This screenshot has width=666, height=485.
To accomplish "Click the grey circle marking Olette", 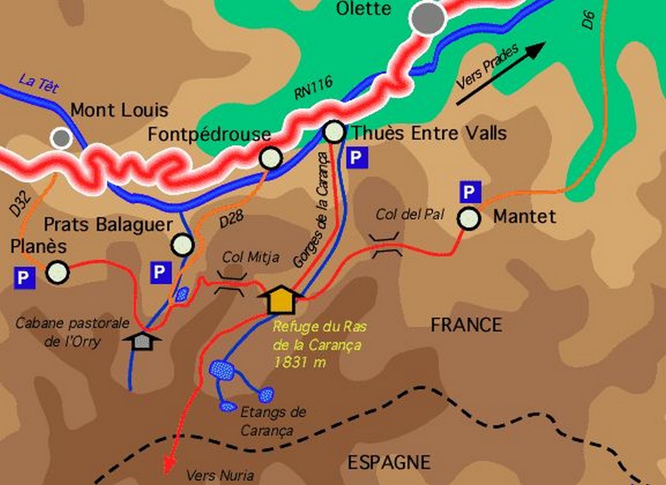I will click(x=428, y=19).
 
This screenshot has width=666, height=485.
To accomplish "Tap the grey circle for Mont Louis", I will click(x=62, y=138).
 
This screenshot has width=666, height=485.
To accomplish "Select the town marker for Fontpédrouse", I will click(x=270, y=159).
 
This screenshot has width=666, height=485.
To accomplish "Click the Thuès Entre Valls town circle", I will click(x=333, y=133).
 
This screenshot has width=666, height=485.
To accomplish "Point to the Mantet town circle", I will click(x=469, y=219).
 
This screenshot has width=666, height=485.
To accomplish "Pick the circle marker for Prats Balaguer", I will click(x=182, y=244).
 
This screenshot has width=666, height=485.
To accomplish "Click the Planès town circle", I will click(x=57, y=272).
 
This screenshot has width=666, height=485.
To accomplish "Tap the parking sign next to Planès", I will click(x=24, y=278).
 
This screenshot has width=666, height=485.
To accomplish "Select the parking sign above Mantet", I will click(x=470, y=193).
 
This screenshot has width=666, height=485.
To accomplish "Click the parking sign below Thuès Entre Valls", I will click(x=357, y=158).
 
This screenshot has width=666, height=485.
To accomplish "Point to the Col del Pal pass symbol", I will click(x=386, y=244).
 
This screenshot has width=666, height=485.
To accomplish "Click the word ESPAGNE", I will click(x=390, y=462).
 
